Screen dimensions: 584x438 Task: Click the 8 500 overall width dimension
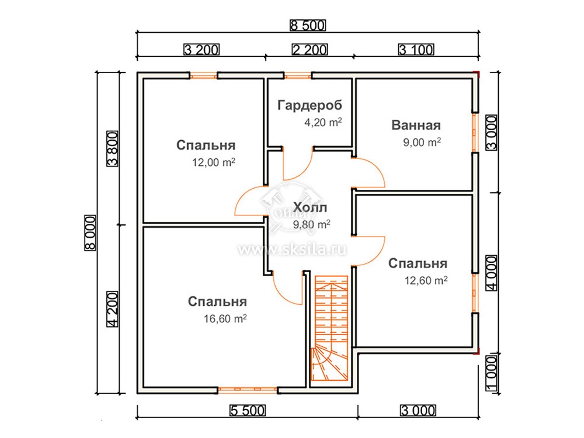(x=307, y=25)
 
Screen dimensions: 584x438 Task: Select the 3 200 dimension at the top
(x=201, y=49)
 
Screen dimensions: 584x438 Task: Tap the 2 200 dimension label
(x=310, y=49)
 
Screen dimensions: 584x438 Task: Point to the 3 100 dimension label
(x=416, y=49)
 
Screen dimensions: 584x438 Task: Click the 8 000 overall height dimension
(x=91, y=233)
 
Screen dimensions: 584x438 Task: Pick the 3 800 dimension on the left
(x=113, y=148)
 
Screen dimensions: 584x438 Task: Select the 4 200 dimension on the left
(x=113, y=309)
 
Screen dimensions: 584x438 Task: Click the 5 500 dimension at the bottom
(x=247, y=411)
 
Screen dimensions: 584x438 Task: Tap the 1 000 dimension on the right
(x=492, y=373)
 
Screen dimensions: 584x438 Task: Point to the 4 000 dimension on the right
(x=492, y=273)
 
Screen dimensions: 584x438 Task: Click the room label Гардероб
(x=310, y=105)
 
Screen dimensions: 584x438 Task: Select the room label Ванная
(x=416, y=125)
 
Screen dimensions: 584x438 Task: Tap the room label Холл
(x=310, y=207)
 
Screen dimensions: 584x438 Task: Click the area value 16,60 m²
(x=225, y=318)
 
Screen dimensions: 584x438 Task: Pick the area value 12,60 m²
(x=426, y=280)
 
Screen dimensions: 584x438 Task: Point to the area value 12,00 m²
(x=213, y=162)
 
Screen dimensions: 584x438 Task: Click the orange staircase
(x=330, y=328)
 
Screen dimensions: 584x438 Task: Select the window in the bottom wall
(x=248, y=390)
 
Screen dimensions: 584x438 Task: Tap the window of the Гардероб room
(x=298, y=76)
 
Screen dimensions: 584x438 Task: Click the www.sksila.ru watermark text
(x=293, y=249)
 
